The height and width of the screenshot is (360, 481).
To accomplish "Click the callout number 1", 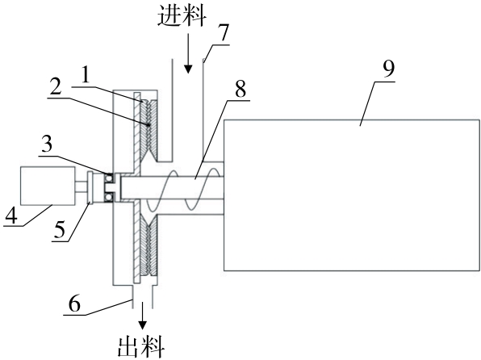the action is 86,74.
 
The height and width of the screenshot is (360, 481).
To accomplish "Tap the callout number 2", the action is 56,87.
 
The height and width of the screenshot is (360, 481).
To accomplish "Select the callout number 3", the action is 47,144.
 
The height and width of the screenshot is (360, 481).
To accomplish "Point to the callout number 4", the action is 11,216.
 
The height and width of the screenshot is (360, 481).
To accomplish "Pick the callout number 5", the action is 60,229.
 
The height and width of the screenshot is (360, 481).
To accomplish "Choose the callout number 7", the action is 224,33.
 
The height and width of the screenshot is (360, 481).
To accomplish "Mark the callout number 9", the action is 388,69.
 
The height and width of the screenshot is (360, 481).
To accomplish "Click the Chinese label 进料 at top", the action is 182,15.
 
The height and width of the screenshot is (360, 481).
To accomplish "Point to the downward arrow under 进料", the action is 188,53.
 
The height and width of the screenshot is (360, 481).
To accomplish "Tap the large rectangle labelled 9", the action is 352,195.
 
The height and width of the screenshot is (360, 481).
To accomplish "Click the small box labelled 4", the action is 48,186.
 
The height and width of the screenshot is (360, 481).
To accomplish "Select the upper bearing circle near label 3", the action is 109,178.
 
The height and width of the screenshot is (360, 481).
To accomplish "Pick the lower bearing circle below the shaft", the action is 109,197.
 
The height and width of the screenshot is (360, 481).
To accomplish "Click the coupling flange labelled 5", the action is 90,187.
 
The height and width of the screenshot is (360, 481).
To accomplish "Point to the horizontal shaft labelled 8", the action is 173,187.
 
